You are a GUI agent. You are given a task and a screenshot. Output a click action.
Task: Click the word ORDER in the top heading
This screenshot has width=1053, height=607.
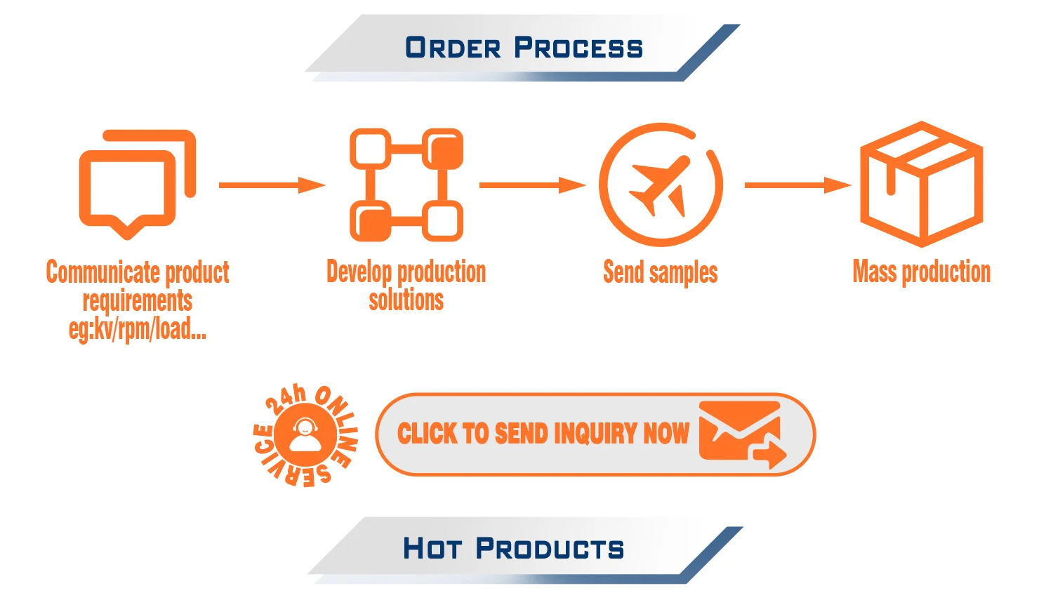click(x=453, y=48)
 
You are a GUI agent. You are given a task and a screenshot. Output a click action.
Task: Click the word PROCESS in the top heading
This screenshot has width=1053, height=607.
click(x=578, y=48)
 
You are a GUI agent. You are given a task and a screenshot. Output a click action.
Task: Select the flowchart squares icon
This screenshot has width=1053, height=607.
click(x=406, y=185)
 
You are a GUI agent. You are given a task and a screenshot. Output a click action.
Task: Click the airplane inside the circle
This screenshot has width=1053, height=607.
click(x=658, y=185)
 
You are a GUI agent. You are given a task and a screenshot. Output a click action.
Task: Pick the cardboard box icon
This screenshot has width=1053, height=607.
click(x=921, y=184)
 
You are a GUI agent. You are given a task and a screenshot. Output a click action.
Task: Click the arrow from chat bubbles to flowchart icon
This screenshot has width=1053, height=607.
click(x=272, y=185)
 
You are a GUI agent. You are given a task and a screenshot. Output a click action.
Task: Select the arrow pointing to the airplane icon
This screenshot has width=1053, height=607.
click(x=532, y=185)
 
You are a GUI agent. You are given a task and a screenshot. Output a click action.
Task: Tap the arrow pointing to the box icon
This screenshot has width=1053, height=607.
click(x=797, y=185)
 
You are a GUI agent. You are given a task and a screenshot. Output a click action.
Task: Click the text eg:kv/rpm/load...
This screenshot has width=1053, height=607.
click(x=138, y=328)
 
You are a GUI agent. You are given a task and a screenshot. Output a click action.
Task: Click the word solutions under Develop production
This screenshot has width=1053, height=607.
click(x=406, y=300)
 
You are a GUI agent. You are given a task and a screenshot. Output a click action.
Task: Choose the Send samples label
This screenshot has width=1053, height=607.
click(x=661, y=272)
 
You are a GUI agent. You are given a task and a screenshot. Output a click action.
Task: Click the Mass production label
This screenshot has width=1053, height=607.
click(x=921, y=272)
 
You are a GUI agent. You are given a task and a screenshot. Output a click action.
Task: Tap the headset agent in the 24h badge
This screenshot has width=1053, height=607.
click(x=305, y=435)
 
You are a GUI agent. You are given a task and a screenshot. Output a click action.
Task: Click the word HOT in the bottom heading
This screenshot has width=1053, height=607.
click(x=432, y=548)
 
